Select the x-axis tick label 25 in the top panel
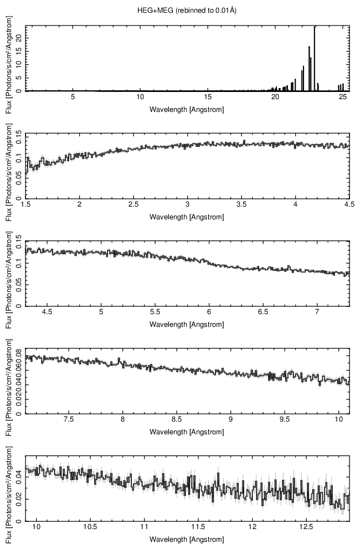point(342,98)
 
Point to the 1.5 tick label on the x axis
point(25,204)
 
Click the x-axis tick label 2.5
point(133,204)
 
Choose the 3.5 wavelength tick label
point(241,204)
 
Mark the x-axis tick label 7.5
point(69,419)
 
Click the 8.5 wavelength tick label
point(177,419)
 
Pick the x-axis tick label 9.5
point(285,419)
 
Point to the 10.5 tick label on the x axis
point(90,527)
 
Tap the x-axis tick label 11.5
point(198,527)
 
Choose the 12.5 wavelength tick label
point(306,527)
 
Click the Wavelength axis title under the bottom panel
point(187,539)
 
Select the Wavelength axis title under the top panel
point(187,109)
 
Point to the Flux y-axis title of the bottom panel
point(8,488)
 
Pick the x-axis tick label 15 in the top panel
point(208,98)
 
